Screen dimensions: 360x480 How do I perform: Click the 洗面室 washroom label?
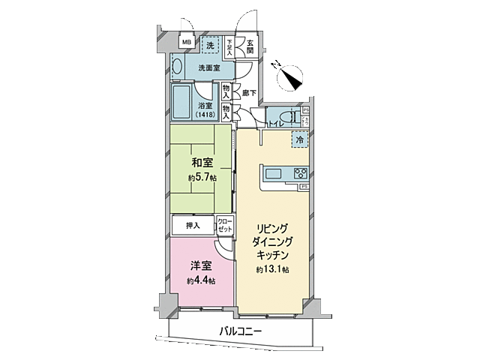pos(208,68)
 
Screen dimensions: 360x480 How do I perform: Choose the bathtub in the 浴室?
pos(181,102)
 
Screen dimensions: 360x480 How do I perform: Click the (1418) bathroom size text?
pos(205,114)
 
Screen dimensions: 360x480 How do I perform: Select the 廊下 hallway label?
pos(249,93)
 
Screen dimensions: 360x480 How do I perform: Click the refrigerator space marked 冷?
pos(299,139)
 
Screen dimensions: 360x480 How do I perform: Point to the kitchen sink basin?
pos(273,174)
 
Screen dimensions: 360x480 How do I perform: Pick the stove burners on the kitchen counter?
pos(301,172)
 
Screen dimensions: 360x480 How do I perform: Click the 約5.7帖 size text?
pos(202,178)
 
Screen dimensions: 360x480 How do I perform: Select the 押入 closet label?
pos(192,225)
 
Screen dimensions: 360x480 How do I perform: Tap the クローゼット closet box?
pos(224,224)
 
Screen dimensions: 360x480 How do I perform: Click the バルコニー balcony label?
pos(241,330)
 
